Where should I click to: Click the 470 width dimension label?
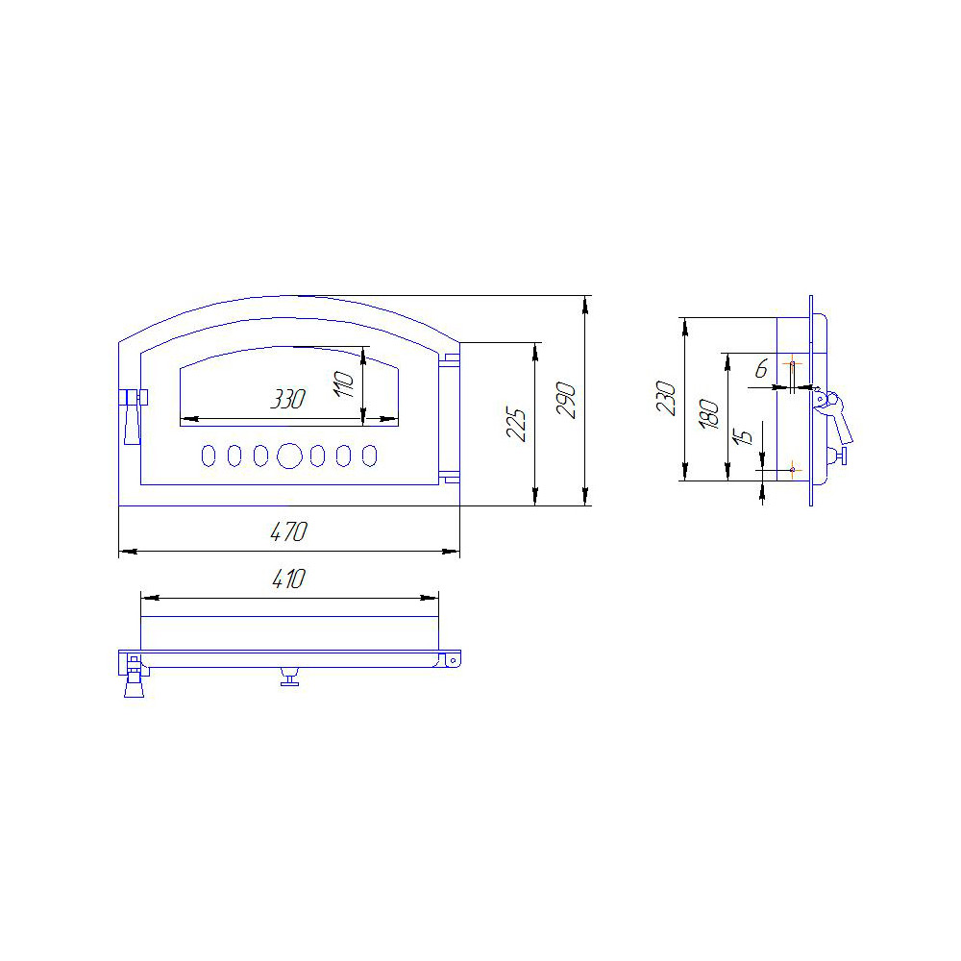tap(288, 531)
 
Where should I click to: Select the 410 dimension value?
tap(288, 579)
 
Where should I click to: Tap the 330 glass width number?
tap(288, 399)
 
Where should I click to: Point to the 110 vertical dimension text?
tap(344, 384)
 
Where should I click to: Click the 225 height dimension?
tap(517, 424)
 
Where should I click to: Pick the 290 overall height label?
tap(566, 400)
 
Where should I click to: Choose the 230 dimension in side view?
tap(666, 399)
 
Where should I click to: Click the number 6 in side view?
tap(762, 368)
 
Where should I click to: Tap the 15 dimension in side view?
tap(743, 435)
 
